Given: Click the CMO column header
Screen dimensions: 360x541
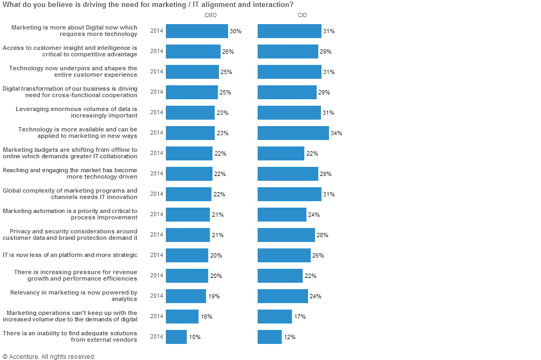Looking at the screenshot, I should pos(210,15).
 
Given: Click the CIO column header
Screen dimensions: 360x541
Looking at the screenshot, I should pos(303,15).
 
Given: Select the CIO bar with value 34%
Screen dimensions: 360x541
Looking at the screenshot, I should pos(293,133).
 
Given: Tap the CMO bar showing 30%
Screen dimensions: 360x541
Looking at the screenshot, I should pos(197,31).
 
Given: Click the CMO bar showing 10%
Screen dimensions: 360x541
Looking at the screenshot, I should pos(176,337).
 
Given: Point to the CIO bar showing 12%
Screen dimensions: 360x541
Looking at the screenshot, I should pos(269,337).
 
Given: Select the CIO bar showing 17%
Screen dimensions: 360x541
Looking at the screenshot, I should pos(275,317).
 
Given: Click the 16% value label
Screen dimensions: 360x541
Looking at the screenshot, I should pos(207,317).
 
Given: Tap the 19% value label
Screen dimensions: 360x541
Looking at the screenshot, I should pos(214,296).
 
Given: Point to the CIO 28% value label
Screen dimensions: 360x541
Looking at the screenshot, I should pos(323,235).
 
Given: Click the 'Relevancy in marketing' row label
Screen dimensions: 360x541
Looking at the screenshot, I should pos(74,296).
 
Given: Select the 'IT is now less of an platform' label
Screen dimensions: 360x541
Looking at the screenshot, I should pos(70,255).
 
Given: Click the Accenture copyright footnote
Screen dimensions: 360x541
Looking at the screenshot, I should pos(49,356).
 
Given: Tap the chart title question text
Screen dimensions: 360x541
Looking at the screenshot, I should pos(148,5).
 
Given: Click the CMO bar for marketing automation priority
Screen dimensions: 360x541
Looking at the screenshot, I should pos(188,215).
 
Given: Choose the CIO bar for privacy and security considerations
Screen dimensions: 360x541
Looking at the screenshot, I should pos(286,235).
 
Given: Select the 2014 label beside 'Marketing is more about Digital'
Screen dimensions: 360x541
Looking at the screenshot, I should pos(156,31).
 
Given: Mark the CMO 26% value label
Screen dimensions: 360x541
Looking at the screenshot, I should pos(228,52).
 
